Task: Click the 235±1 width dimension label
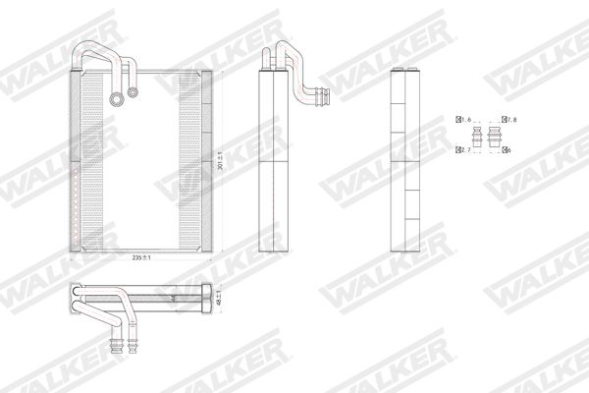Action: tap(145, 257)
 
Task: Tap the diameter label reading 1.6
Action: tap(465, 120)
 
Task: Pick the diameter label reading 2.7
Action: tap(465, 149)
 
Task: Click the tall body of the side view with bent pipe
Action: tap(270, 167)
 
